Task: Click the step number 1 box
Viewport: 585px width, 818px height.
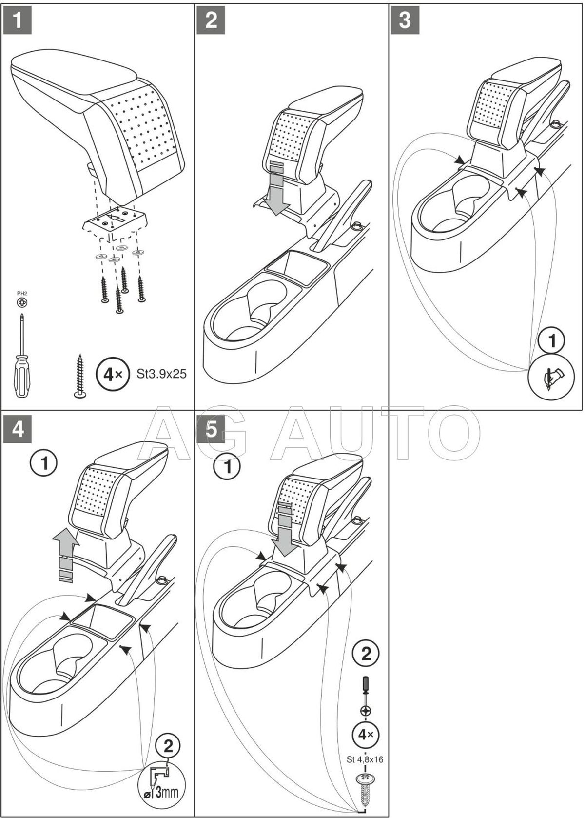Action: pyautogui.click(x=18, y=20)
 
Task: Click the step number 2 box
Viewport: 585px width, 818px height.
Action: pyautogui.click(x=212, y=20)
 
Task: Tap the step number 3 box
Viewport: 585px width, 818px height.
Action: pyautogui.click(x=405, y=20)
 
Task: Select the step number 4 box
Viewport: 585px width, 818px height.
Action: pyautogui.click(x=18, y=429)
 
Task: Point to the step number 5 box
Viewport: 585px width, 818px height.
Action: pyautogui.click(x=212, y=429)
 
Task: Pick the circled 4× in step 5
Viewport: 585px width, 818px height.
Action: pyautogui.click(x=366, y=734)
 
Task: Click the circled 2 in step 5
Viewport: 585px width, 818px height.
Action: pyautogui.click(x=366, y=653)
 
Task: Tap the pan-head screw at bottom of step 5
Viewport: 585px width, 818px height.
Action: pyautogui.click(x=366, y=786)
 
